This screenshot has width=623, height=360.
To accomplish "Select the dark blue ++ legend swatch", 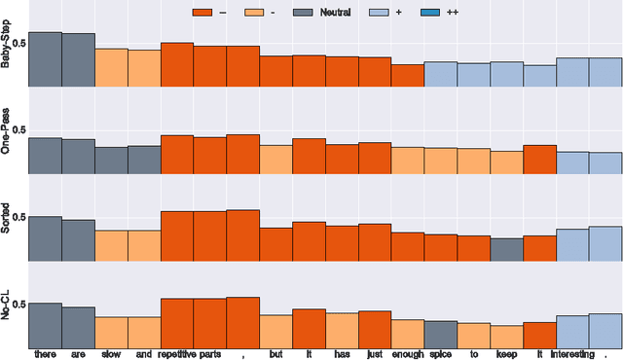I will (x=434, y=13).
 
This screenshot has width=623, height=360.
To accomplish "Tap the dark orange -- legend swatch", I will (x=204, y=13).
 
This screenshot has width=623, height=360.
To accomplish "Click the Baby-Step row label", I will (x=7, y=45).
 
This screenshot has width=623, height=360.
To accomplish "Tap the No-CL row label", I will (x=7, y=306).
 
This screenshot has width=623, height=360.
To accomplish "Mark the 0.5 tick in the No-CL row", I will (x=18, y=306).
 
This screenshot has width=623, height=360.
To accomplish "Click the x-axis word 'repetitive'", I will (x=176, y=354).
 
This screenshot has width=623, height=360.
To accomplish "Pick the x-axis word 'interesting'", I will (x=572, y=354).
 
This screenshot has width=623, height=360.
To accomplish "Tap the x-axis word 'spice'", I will (x=440, y=354).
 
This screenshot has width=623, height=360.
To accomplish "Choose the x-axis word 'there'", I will (x=45, y=354).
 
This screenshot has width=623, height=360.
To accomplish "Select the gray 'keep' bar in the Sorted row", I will (x=506, y=251).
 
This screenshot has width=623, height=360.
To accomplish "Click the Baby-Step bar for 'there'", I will (x=45, y=59).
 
